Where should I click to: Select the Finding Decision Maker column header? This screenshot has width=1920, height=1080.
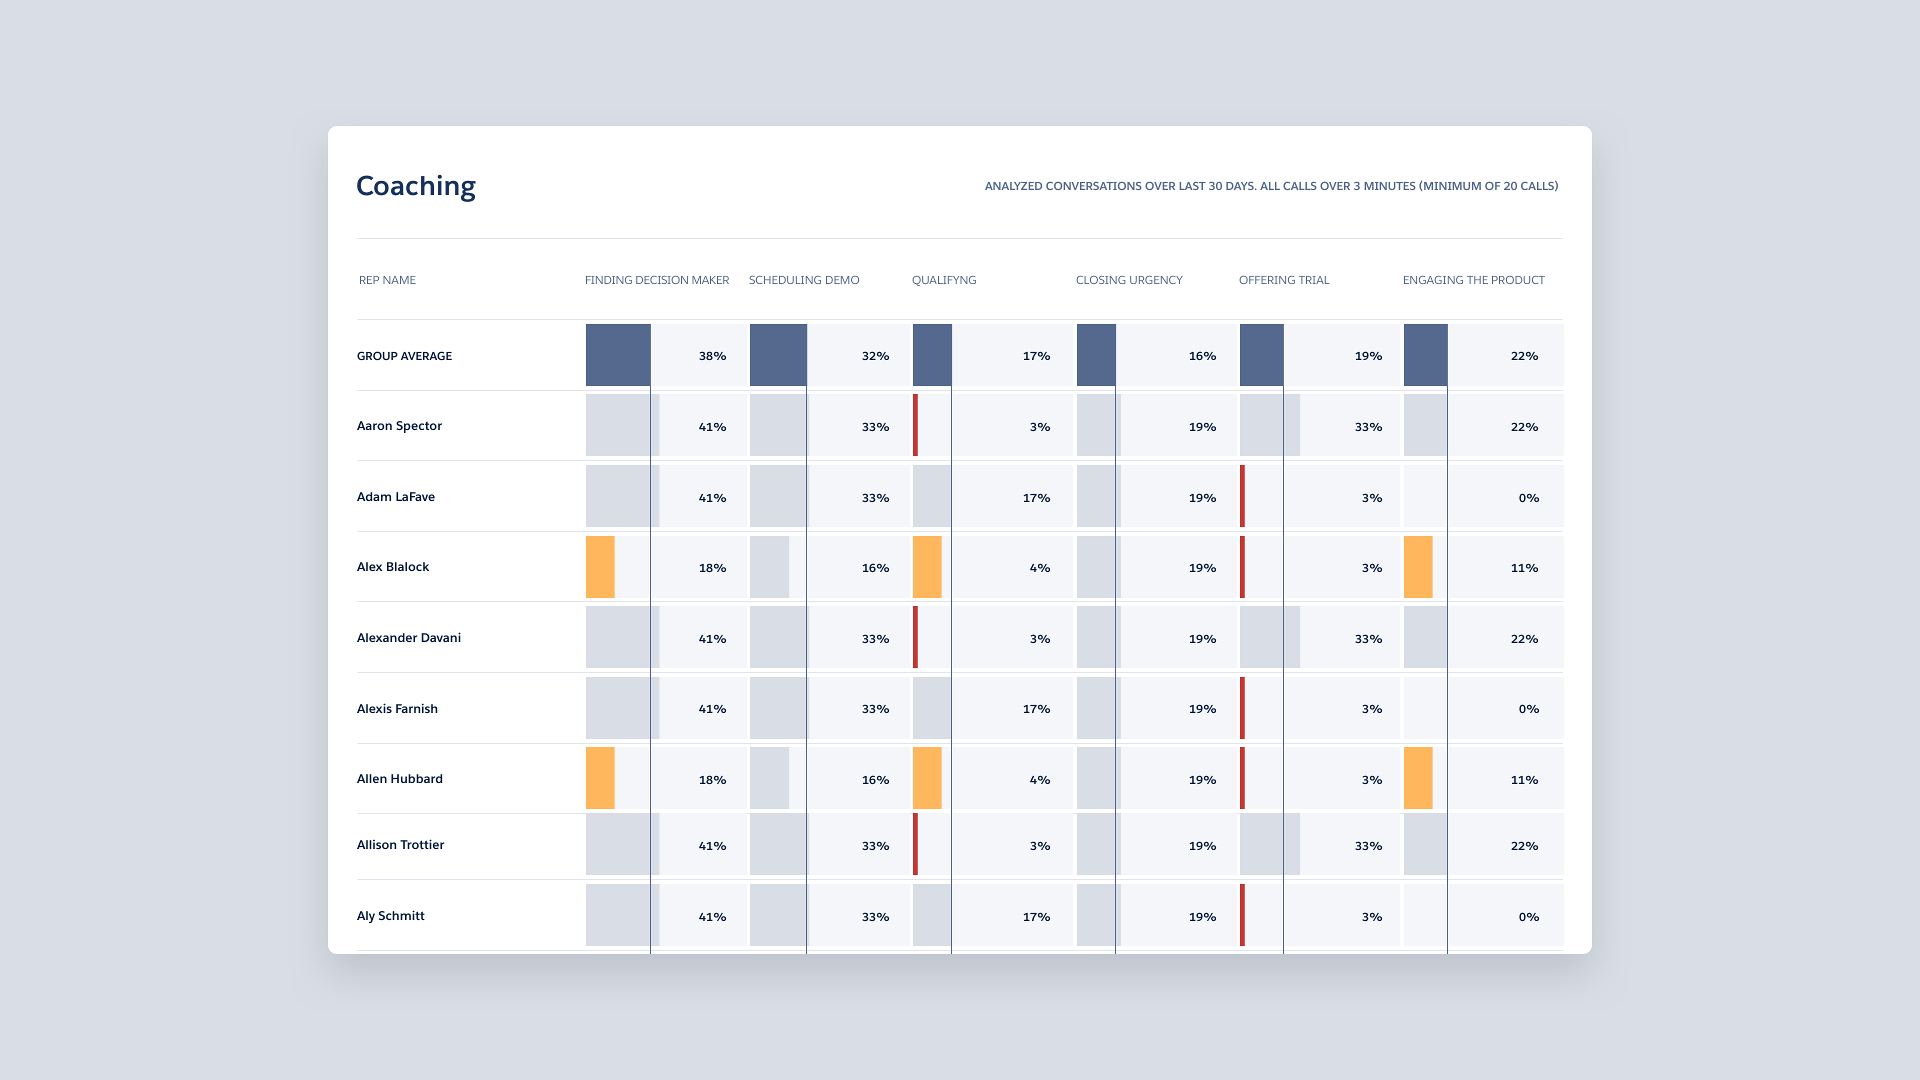[x=656, y=280]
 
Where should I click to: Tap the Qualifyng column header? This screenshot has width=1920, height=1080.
[x=943, y=280]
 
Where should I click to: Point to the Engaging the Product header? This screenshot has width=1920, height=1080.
[x=1473, y=280]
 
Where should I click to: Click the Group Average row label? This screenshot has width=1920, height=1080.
[x=404, y=356]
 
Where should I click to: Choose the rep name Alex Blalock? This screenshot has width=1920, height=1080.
[x=393, y=567]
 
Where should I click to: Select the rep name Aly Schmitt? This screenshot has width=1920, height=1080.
[x=390, y=916]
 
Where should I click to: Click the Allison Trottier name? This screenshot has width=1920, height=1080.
[x=400, y=845]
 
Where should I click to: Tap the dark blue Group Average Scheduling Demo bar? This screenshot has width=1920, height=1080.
[x=777, y=355]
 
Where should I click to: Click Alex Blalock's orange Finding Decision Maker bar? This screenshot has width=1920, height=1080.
[x=600, y=567]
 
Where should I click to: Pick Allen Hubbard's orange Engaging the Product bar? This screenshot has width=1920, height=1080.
[x=1417, y=778]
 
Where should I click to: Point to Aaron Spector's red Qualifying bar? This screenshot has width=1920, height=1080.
[x=915, y=425]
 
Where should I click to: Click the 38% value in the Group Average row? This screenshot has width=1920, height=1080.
[x=712, y=356]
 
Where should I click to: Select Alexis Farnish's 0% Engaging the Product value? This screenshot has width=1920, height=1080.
[x=1528, y=709]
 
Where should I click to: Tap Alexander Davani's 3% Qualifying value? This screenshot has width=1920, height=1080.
[x=1039, y=639]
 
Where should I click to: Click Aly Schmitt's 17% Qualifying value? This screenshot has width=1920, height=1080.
[x=1036, y=917]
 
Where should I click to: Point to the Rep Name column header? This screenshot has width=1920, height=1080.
[x=387, y=280]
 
